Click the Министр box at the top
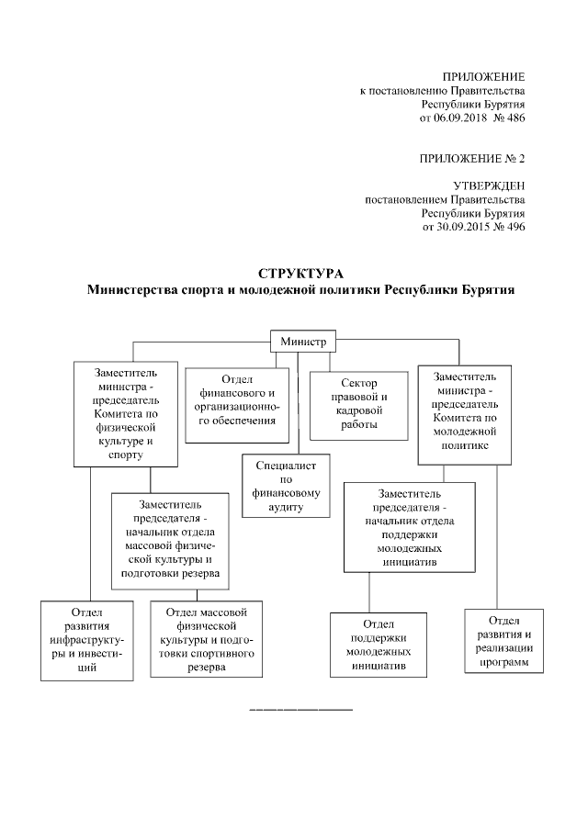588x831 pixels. pyautogui.click(x=303, y=342)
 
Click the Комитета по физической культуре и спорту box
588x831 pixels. pyautogui.click(x=126, y=414)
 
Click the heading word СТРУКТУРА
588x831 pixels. pyautogui.click(x=300, y=275)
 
